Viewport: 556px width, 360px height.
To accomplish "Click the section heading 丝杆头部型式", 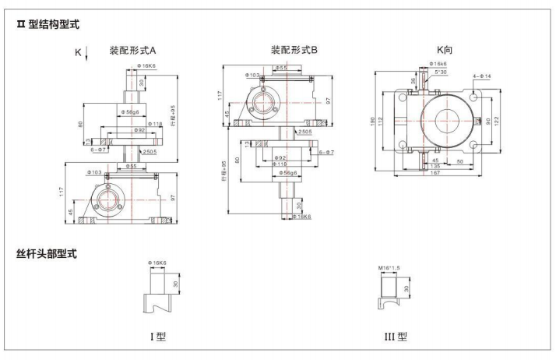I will [48, 253].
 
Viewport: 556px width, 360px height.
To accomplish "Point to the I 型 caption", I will [158, 337].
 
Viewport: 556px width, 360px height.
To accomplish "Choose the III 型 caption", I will [396, 337].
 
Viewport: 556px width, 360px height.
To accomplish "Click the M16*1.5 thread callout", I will [387, 267].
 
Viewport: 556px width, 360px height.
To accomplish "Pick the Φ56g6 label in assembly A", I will [133, 114].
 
